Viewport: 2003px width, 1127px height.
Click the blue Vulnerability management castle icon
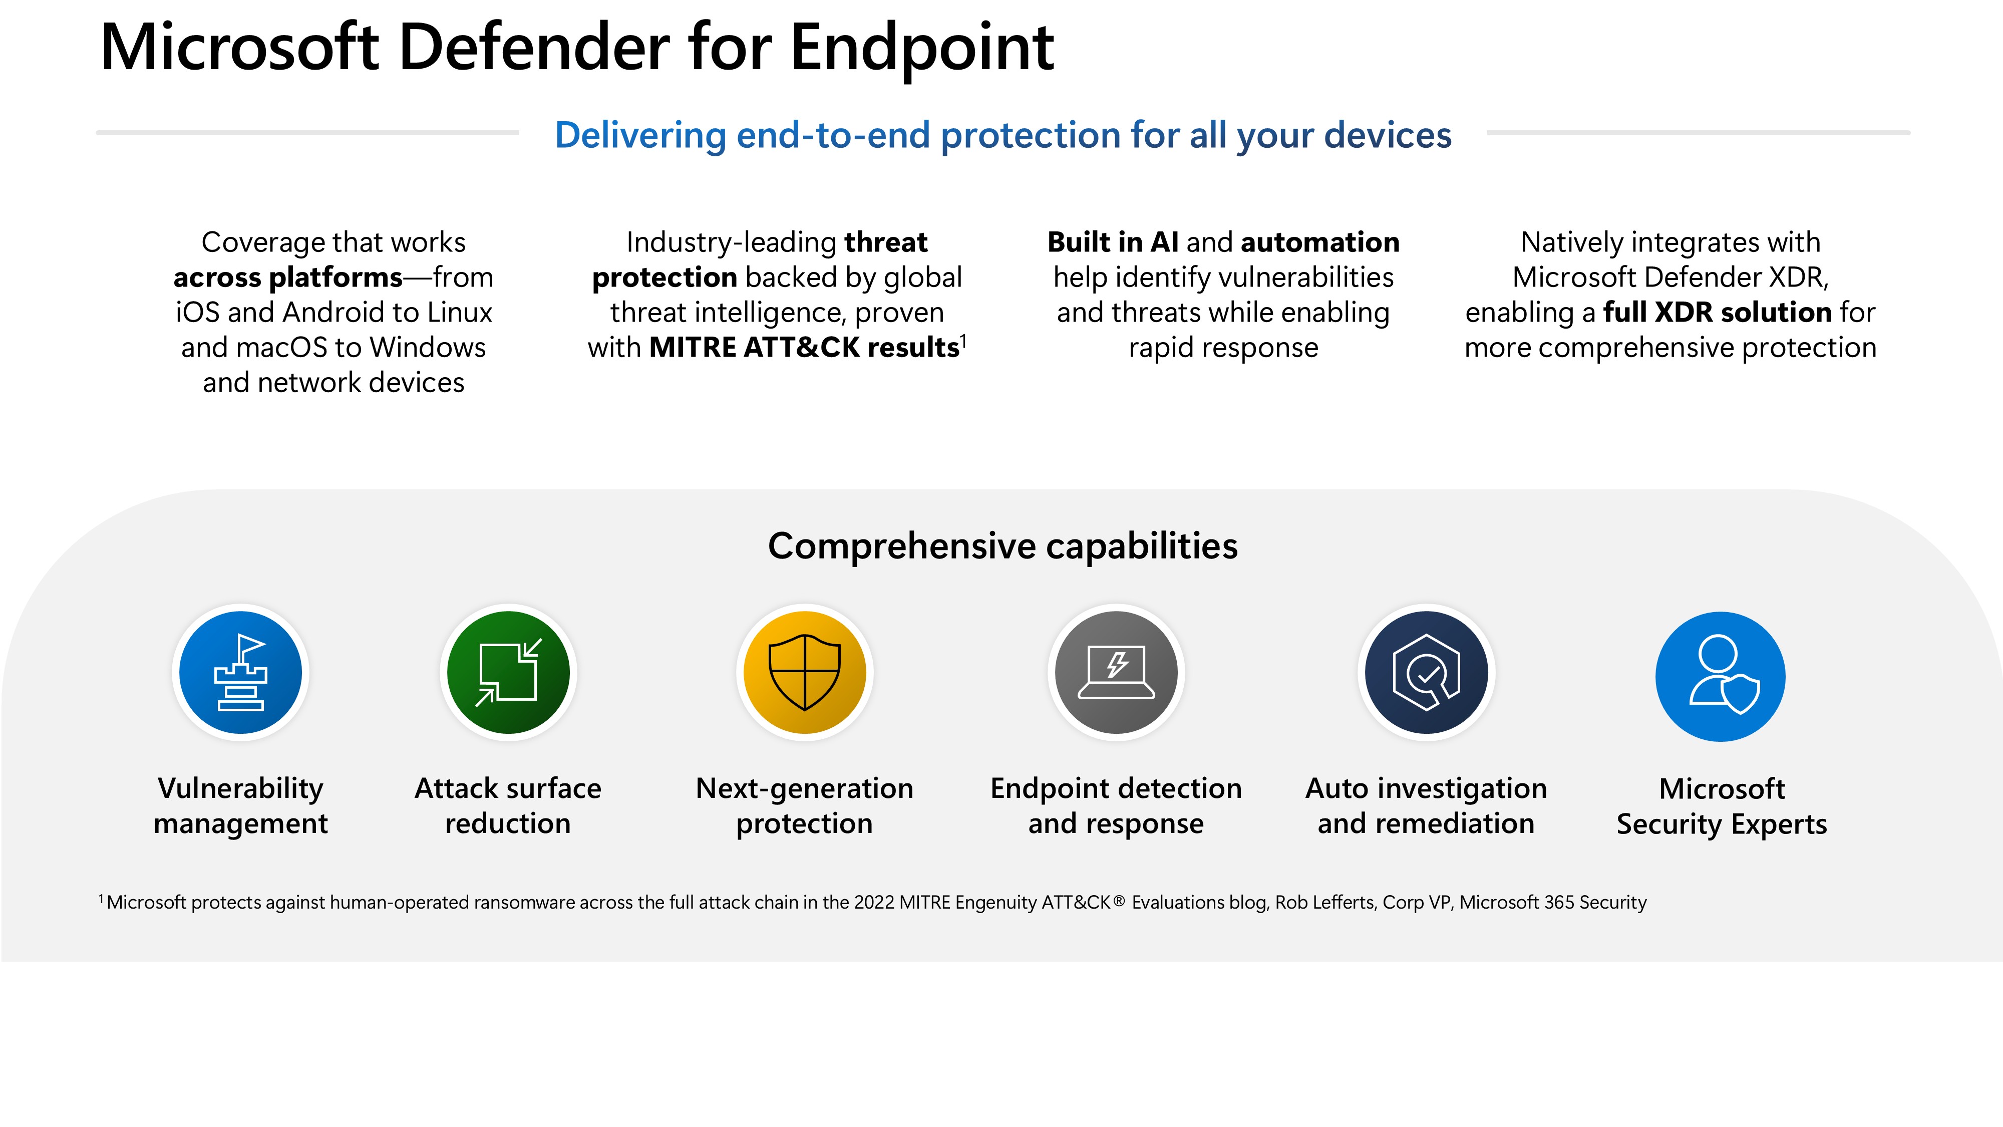point(240,673)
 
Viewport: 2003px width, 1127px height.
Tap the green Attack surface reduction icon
point(509,673)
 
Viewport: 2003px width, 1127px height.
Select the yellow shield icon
point(805,673)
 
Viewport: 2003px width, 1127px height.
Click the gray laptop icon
point(1117,673)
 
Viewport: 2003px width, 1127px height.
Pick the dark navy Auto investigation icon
point(1427,673)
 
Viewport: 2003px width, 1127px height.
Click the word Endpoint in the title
point(922,48)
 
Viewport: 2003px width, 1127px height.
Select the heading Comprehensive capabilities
point(1003,546)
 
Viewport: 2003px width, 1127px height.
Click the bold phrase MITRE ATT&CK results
point(804,347)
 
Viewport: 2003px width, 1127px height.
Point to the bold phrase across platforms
point(288,277)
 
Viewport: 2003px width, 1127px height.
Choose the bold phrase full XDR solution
point(1718,312)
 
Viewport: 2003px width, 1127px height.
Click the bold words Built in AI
point(1113,242)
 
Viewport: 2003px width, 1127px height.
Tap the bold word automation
point(1320,242)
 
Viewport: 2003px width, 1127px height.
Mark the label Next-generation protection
point(805,806)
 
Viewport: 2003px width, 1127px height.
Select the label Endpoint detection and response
point(1116,806)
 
